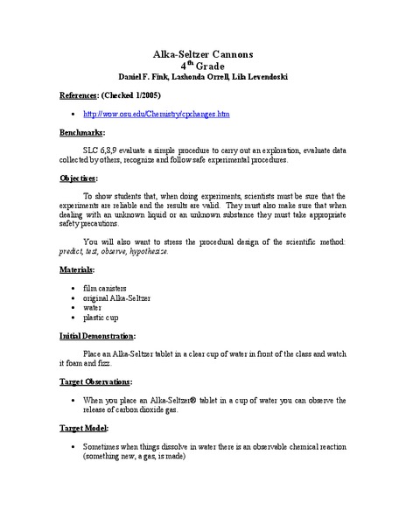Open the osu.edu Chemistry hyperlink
coord(156,114)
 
